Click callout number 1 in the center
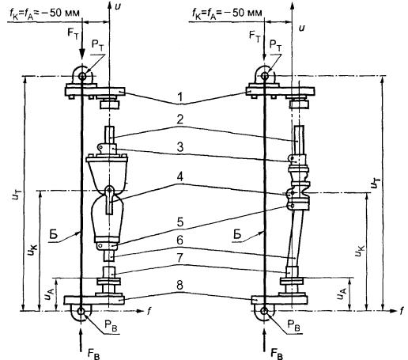pyautogui.click(x=180, y=97)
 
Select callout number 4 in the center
pyautogui.click(x=180, y=177)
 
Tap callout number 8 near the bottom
pyautogui.click(x=180, y=286)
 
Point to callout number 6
pyautogui.click(x=180, y=241)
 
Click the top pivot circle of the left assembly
pyautogui.click(x=81, y=77)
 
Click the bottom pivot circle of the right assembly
pyautogui.click(x=264, y=311)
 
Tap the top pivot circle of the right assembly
pyautogui.click(x=265, y=76)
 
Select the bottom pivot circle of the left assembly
pyautogui.click(x=81, y=311)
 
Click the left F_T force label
pyautogui.click(x=73, y=34)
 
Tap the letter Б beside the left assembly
pyautogui.click(x=53, y=234)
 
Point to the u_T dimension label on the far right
pyautogui.click(x=375, y=183)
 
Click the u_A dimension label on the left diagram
pyautogui.click(x=49, y=294)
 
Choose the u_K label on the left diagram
pyautogui.click(x=33, y=248)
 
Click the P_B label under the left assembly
pyautogui.click(x=111, y=327)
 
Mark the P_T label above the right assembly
pyautogui.click(x=275, y=45)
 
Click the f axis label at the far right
pyautogui.click(x=401, y=311)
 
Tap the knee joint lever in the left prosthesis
pyautogui.click(x=110, y=199)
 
